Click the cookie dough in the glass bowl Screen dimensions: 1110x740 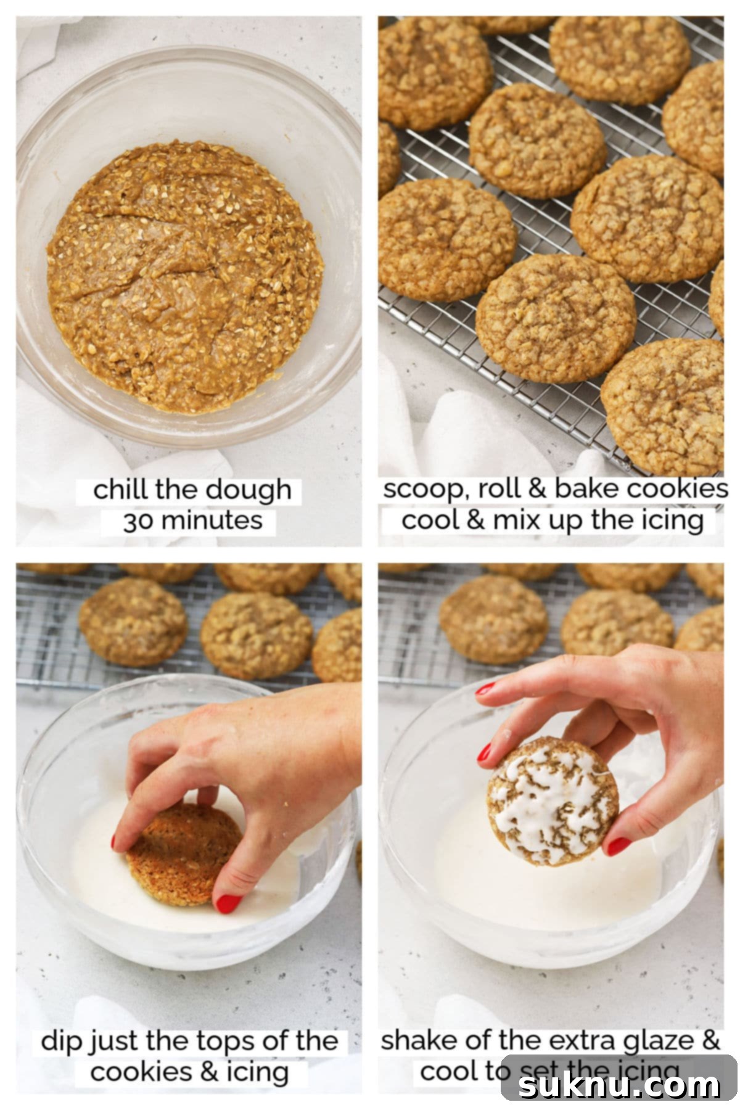[185, 277]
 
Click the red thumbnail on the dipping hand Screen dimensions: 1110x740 [228, 903]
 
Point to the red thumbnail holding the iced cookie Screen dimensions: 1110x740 [617, 845]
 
